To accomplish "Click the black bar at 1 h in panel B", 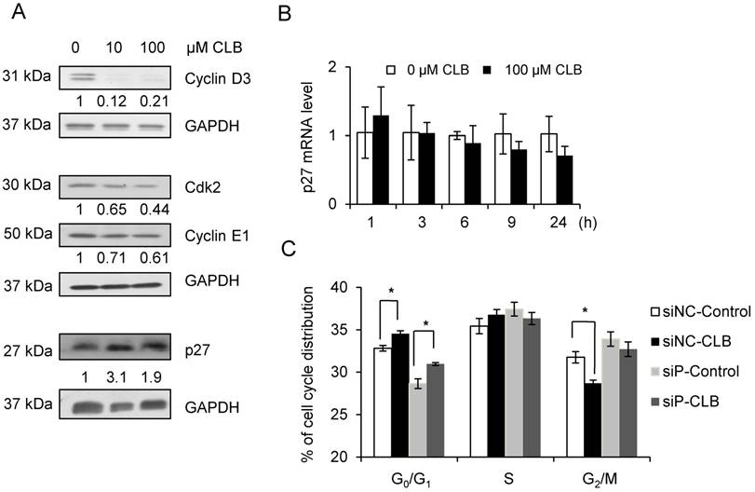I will (381, 159).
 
